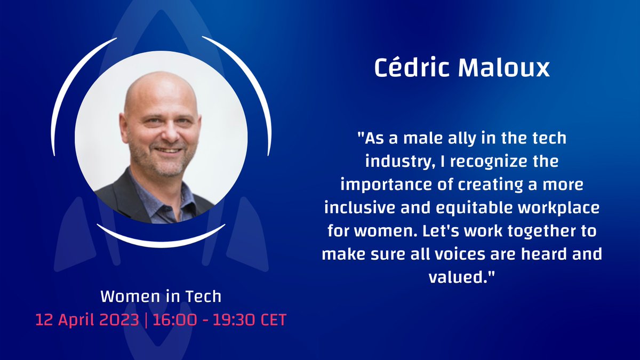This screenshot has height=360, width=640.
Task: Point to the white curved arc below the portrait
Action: [x=161, y=239]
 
